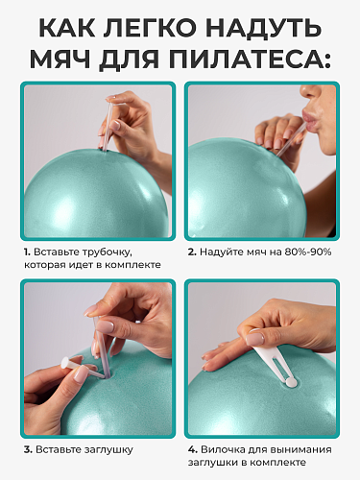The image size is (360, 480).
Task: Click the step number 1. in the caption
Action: click(27, 252)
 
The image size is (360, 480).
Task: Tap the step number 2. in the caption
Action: click(192, 252)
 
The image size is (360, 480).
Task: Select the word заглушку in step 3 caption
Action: click(108, 450)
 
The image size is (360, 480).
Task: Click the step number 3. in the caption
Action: click(28, 450)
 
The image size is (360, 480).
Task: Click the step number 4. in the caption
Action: click(193, 450)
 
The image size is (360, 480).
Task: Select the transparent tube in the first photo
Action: click(107, 124)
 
